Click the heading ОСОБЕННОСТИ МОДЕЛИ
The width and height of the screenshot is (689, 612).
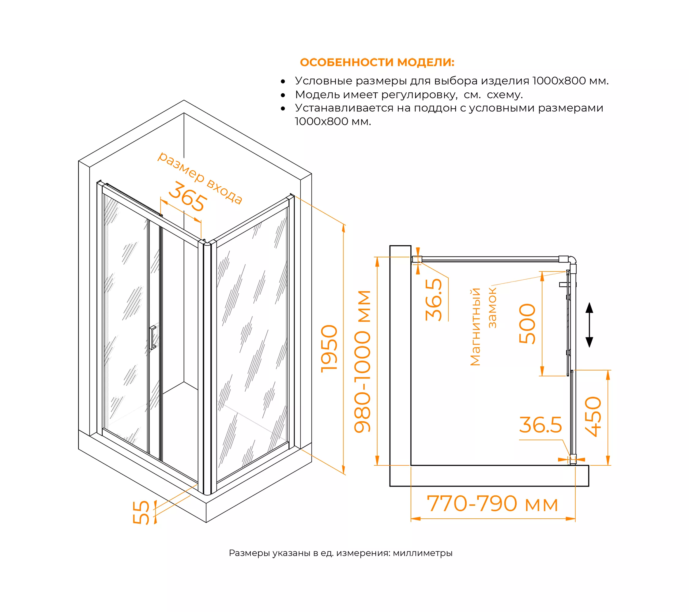pos(377,62)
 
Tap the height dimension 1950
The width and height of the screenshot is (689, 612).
pos(329,349)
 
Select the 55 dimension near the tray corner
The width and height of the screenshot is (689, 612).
pos(141,512)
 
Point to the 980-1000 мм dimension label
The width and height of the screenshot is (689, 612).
pos(362,361)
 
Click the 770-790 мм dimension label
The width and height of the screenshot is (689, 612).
pos(492,504)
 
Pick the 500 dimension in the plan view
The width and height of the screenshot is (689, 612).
pos(527,324)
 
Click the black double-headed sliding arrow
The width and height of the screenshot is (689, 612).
pos(589,325)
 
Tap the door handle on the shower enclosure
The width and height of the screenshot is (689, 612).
pos(153,338)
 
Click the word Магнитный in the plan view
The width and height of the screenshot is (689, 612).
pos(475,327)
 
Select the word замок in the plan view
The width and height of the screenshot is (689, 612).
pos(492,308)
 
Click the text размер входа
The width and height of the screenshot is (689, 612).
pos(200,177)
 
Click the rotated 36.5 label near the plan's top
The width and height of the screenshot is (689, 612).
pos(434,300)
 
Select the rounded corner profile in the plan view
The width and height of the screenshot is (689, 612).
pos(572,260)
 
